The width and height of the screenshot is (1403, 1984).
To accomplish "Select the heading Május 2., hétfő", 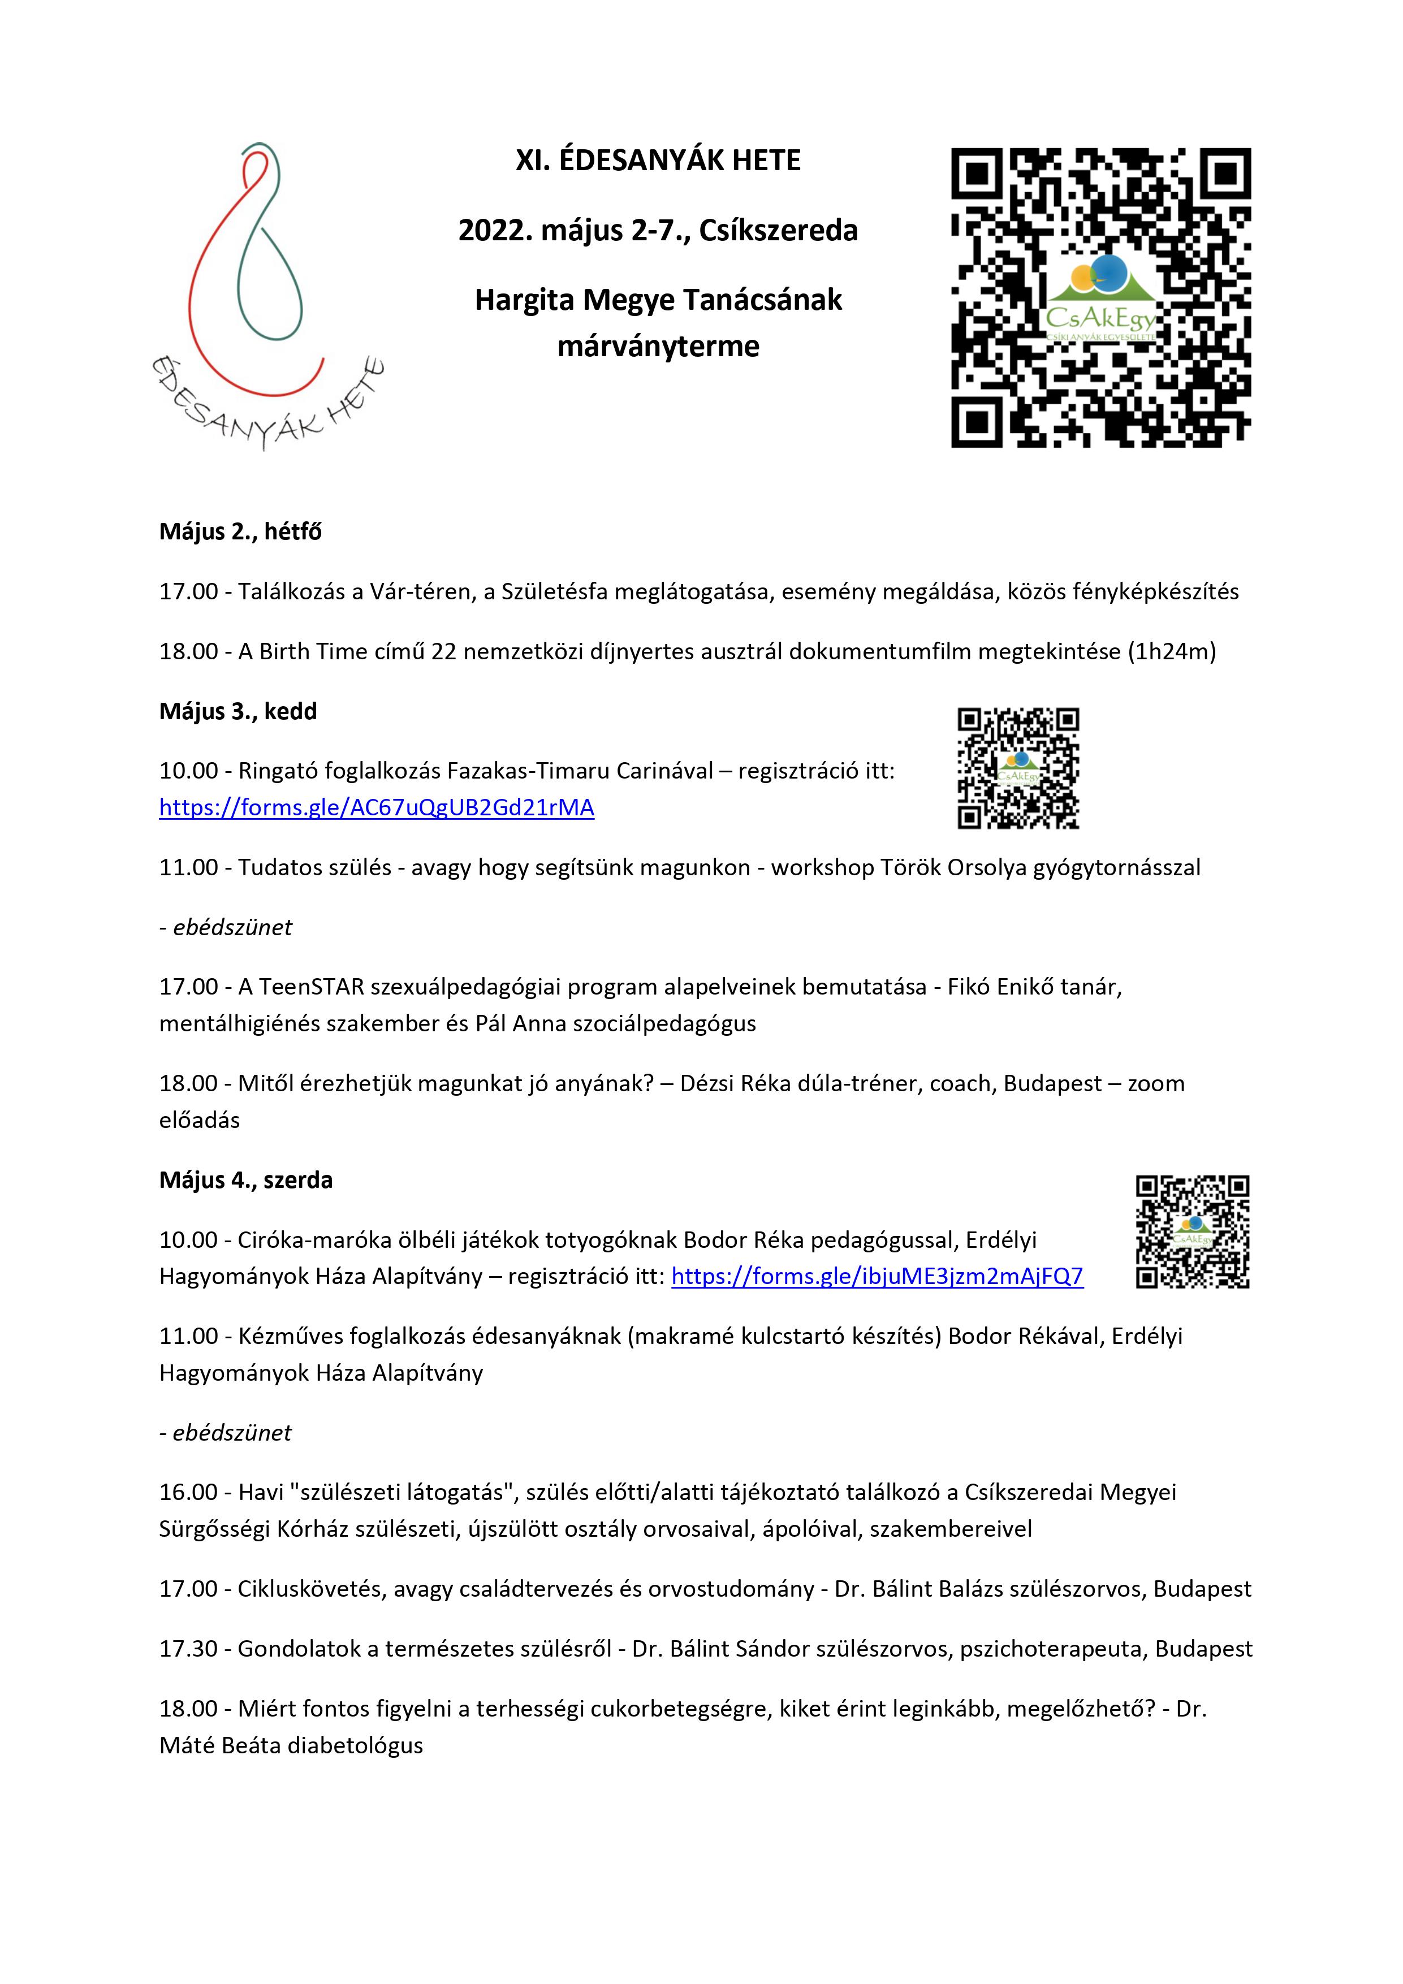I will point(239,531).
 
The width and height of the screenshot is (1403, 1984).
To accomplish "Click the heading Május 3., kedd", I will point(238,711).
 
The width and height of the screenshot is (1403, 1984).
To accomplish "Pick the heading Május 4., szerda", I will point(245,1181).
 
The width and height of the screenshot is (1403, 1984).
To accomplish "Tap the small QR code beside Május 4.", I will point(1192,1232).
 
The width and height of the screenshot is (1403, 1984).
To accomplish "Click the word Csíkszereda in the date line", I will point(778,231).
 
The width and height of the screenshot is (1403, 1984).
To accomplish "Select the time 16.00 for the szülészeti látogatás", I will point(188,1492).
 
